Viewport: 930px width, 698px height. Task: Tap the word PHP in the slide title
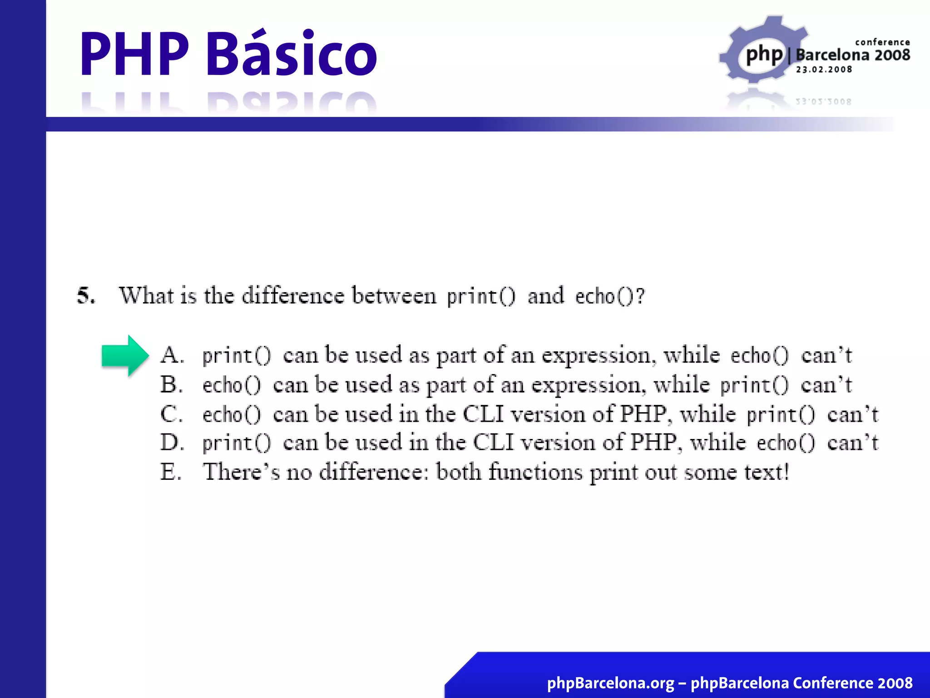(134, 54)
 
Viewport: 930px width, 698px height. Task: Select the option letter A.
(172, 355)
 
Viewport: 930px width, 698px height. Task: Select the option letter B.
(171, 385)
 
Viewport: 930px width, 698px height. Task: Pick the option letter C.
(171, 414)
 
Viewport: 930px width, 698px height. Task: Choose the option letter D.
(172, 443)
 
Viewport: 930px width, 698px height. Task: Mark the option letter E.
(170, 472)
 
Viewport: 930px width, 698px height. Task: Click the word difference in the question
(293, 296)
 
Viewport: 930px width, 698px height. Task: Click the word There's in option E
(241, 472)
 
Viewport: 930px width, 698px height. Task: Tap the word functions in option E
(535, 472)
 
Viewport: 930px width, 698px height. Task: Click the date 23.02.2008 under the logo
(824, 70)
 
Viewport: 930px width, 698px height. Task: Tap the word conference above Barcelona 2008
(882, 42)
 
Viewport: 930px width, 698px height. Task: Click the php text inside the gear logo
(764, 55)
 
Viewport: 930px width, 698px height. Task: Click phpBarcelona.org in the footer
(610, 683)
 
